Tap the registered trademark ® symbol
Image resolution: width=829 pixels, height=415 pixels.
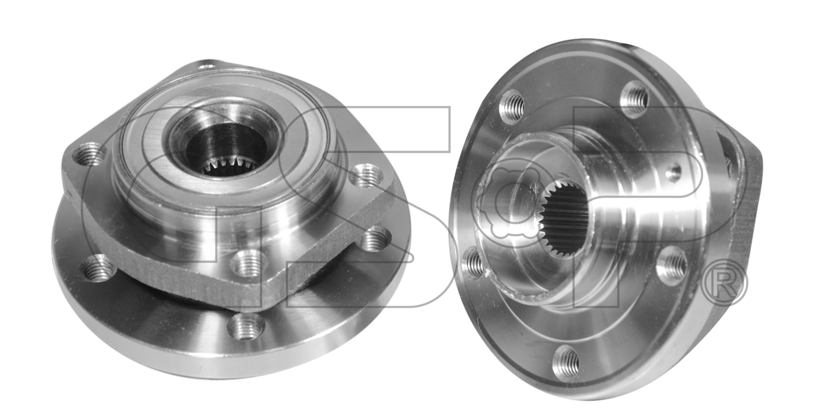[724, 283]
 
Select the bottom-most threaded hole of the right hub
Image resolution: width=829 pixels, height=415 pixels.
[566, 363]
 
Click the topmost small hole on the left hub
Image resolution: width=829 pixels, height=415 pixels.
[208, 65]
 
